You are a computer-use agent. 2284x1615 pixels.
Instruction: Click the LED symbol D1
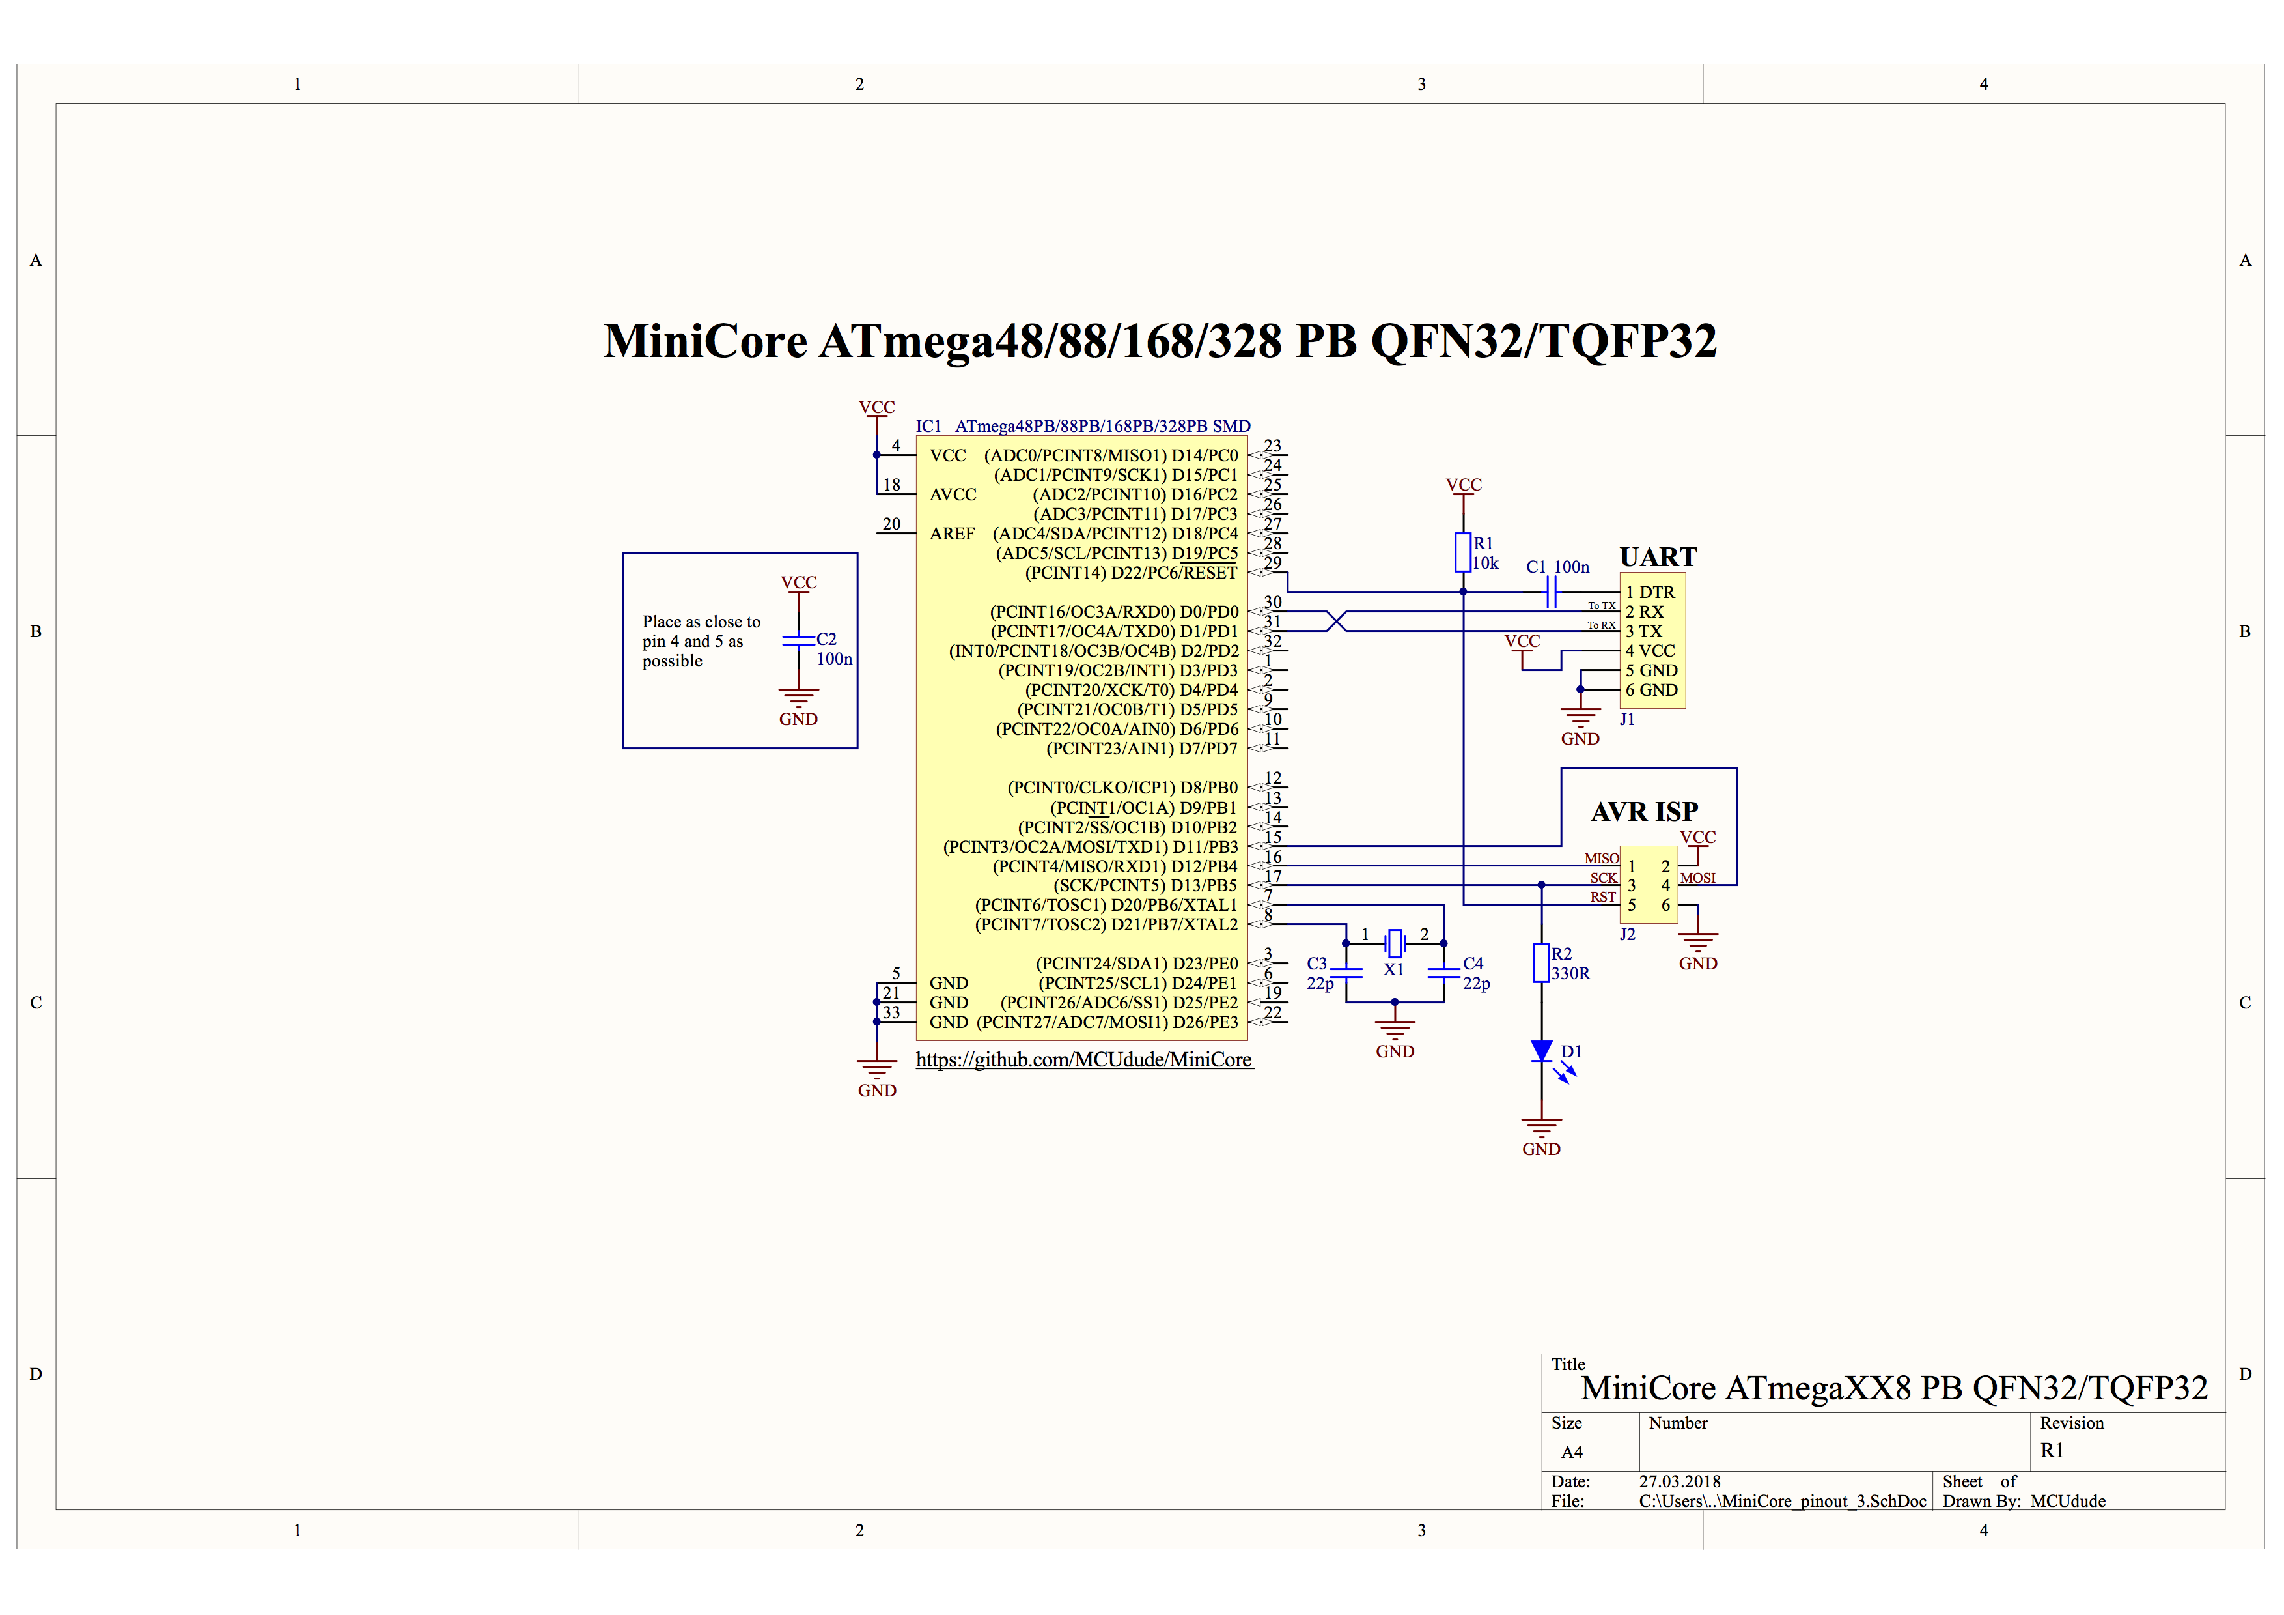1541,1051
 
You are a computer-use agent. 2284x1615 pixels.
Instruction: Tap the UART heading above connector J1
1657,556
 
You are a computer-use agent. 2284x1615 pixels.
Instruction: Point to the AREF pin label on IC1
952,534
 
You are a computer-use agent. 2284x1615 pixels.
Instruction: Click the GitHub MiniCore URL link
1083,1060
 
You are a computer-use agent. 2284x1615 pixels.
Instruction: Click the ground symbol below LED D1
1541,1128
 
